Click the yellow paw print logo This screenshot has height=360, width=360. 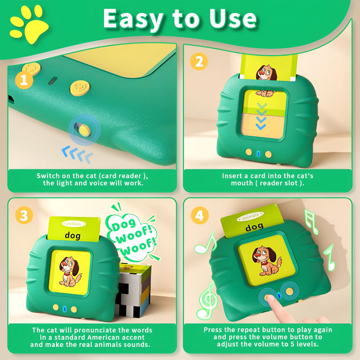click(x=29, y=24)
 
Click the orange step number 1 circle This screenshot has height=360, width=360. click(x=24, y=80)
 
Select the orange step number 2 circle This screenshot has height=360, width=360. click(x=199, y=62)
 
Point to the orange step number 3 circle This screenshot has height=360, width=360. click(x=24, y=215)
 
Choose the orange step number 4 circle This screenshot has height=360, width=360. click(x=200, y=215)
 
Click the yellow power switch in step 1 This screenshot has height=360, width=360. click(x=85, y=130)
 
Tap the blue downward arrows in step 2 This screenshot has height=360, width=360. click(x=261, y=116)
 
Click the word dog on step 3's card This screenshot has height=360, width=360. click(x=73, y=235)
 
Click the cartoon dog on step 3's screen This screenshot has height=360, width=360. click(x=70, y=271)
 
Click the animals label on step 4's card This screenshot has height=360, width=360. click(x=250, y=216)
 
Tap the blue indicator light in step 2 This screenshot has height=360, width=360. click(x=258, y=154)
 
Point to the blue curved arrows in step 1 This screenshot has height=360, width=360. click(x=77, y=154)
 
